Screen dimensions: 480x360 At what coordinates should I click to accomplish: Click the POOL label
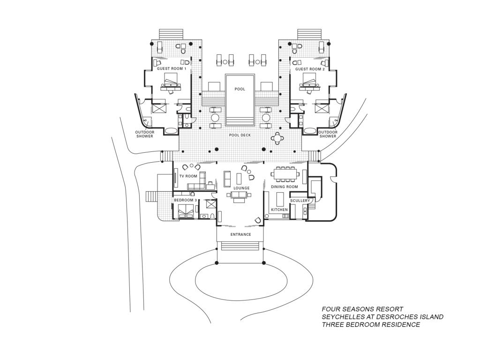(240, 89)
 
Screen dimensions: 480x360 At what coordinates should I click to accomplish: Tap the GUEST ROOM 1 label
(172, 69)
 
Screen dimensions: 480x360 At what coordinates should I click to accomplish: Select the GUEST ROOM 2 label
(310, 69)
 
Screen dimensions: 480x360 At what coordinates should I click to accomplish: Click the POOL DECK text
(240, 135)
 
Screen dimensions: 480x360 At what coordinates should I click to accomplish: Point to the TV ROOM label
(188, 176)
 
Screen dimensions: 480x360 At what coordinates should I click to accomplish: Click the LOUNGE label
(241, 188)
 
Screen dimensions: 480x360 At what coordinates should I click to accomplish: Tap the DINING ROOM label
(285, 187)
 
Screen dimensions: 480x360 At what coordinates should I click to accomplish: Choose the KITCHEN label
(279, 210)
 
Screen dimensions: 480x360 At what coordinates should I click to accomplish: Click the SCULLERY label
(300, 201)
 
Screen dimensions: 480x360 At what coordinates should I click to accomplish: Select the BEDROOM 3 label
(185, 200)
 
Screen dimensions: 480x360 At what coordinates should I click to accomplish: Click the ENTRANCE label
(240, 234)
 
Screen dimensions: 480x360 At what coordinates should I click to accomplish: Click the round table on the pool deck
(277, 138)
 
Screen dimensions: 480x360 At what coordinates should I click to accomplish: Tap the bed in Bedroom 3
(186, 211)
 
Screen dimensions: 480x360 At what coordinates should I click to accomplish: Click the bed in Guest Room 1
(170, 82)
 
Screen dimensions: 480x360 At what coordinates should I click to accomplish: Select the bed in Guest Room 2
(311, 82)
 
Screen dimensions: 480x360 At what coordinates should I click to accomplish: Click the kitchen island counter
(280, 199)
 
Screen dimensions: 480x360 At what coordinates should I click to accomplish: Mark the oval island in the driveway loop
(241, 280)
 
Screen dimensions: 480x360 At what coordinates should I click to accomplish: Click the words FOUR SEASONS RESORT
(362, 309)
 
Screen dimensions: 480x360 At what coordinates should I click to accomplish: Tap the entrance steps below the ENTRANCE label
(240, 246)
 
